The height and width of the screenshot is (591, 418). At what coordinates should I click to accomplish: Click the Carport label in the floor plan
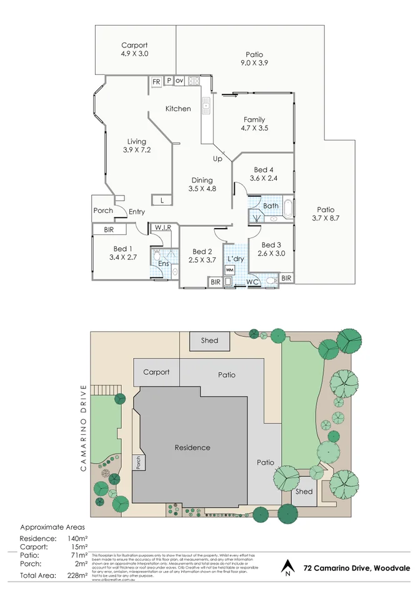point(134,45)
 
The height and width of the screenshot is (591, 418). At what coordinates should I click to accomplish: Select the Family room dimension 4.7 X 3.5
point(254,128)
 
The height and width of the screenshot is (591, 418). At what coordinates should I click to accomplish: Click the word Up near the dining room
point(217,159)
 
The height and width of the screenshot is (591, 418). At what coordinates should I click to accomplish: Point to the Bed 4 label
point(264,169)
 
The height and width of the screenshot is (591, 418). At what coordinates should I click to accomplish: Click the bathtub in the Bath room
point(287,208)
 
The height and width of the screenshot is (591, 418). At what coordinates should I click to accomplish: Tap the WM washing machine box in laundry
point(229,269)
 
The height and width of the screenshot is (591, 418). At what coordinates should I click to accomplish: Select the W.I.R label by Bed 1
point(163,227)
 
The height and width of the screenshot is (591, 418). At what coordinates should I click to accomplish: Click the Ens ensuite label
point(163,264)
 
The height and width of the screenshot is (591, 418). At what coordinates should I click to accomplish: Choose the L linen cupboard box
point(162,201)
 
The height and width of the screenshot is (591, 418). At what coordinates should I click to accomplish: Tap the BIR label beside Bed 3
point(286,278)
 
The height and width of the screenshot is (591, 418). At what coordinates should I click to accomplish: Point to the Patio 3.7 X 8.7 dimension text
point(325,219)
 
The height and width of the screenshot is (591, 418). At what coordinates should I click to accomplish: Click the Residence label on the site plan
point(192,447)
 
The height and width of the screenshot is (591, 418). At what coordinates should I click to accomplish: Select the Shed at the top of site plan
point(209,340)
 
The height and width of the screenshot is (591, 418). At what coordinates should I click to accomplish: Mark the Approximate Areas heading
point(53,526)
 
